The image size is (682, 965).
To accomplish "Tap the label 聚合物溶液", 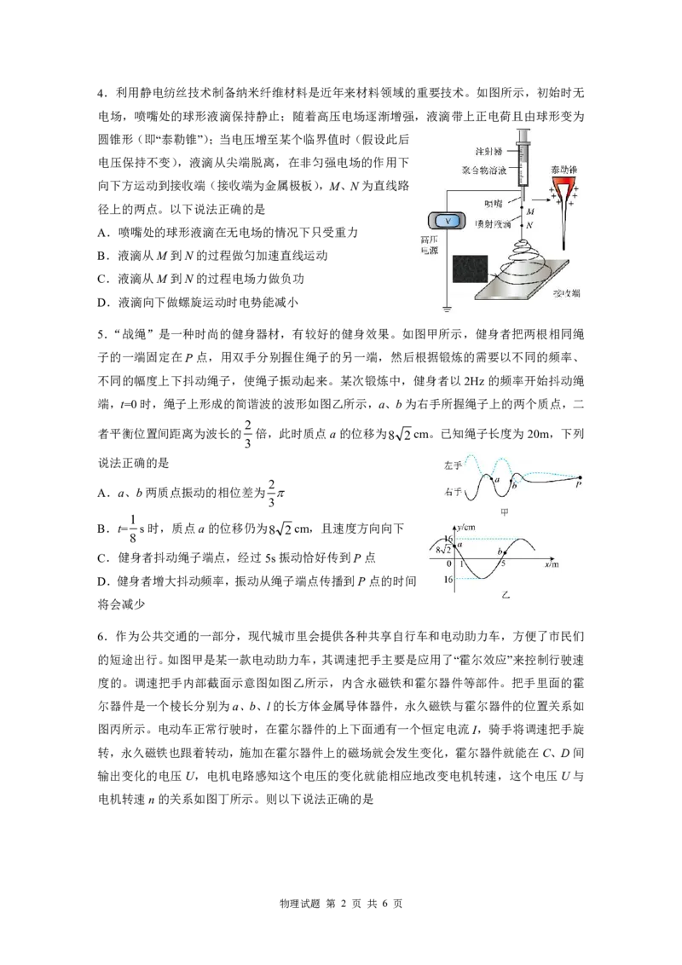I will pos(479,171).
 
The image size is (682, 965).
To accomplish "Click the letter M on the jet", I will pos(530,211).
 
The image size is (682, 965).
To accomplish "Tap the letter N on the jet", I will pos(530,225).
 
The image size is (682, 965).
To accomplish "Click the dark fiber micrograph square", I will pos(472,272).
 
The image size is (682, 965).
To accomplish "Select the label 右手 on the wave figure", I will pos(453,493).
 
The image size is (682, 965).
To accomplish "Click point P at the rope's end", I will pos(579,481).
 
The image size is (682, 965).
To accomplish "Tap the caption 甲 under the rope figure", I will pos(505,513).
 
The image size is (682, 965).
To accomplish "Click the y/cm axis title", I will pos(467,529).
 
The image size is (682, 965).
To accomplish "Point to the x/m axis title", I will pos(552,564).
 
